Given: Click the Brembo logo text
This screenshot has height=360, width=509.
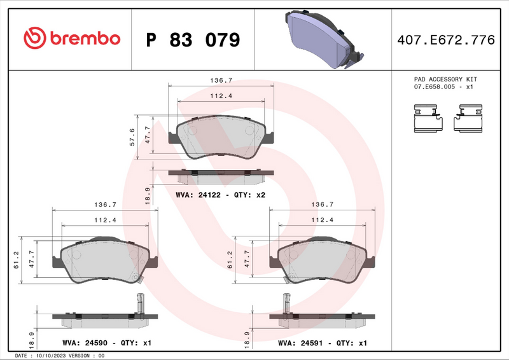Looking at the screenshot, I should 71,39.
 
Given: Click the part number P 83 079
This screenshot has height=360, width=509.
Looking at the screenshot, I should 193,40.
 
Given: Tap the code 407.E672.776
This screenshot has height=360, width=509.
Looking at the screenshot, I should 445,40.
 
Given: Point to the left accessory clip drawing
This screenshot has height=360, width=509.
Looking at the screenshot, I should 427,119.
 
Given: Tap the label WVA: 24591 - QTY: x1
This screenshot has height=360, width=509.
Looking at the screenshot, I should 323,343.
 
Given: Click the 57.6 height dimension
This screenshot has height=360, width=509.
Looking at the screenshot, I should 132,137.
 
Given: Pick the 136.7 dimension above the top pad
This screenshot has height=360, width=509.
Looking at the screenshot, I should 221,81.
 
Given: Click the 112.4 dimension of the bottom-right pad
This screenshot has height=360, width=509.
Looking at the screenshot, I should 323,220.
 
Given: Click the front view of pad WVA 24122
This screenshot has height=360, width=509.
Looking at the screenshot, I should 221,137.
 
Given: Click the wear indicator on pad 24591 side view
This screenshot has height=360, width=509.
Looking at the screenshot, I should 285,301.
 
